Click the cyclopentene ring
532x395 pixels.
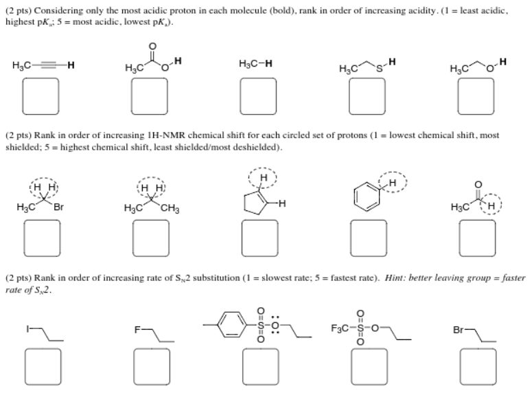(253, 204)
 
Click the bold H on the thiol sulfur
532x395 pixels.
(392, 64)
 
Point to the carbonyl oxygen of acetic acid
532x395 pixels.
(152, 46)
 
